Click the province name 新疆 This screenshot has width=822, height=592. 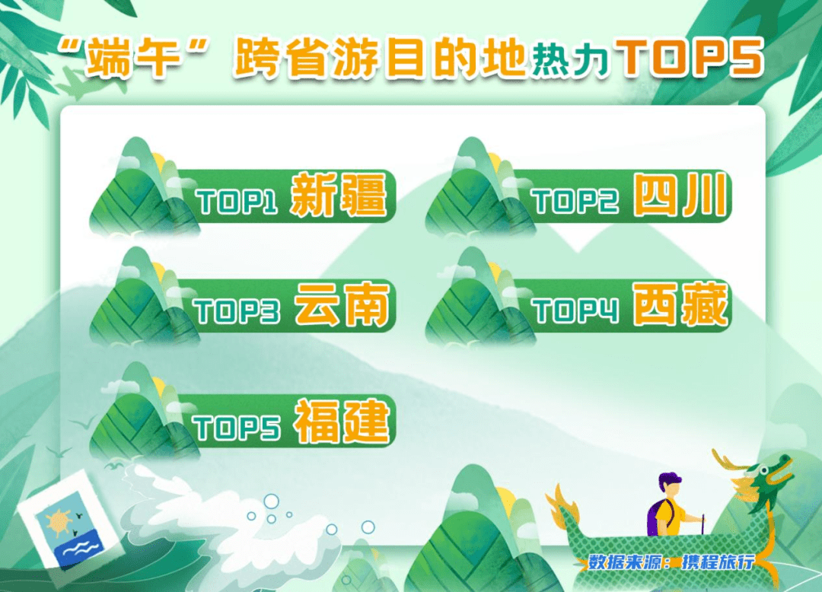tap(339, 196)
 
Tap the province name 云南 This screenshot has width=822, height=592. tap(342, 307)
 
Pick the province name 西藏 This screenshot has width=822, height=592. tap(680, 307)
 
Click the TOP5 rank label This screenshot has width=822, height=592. tap(237, 427)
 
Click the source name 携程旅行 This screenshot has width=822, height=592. tap(718, 562)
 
